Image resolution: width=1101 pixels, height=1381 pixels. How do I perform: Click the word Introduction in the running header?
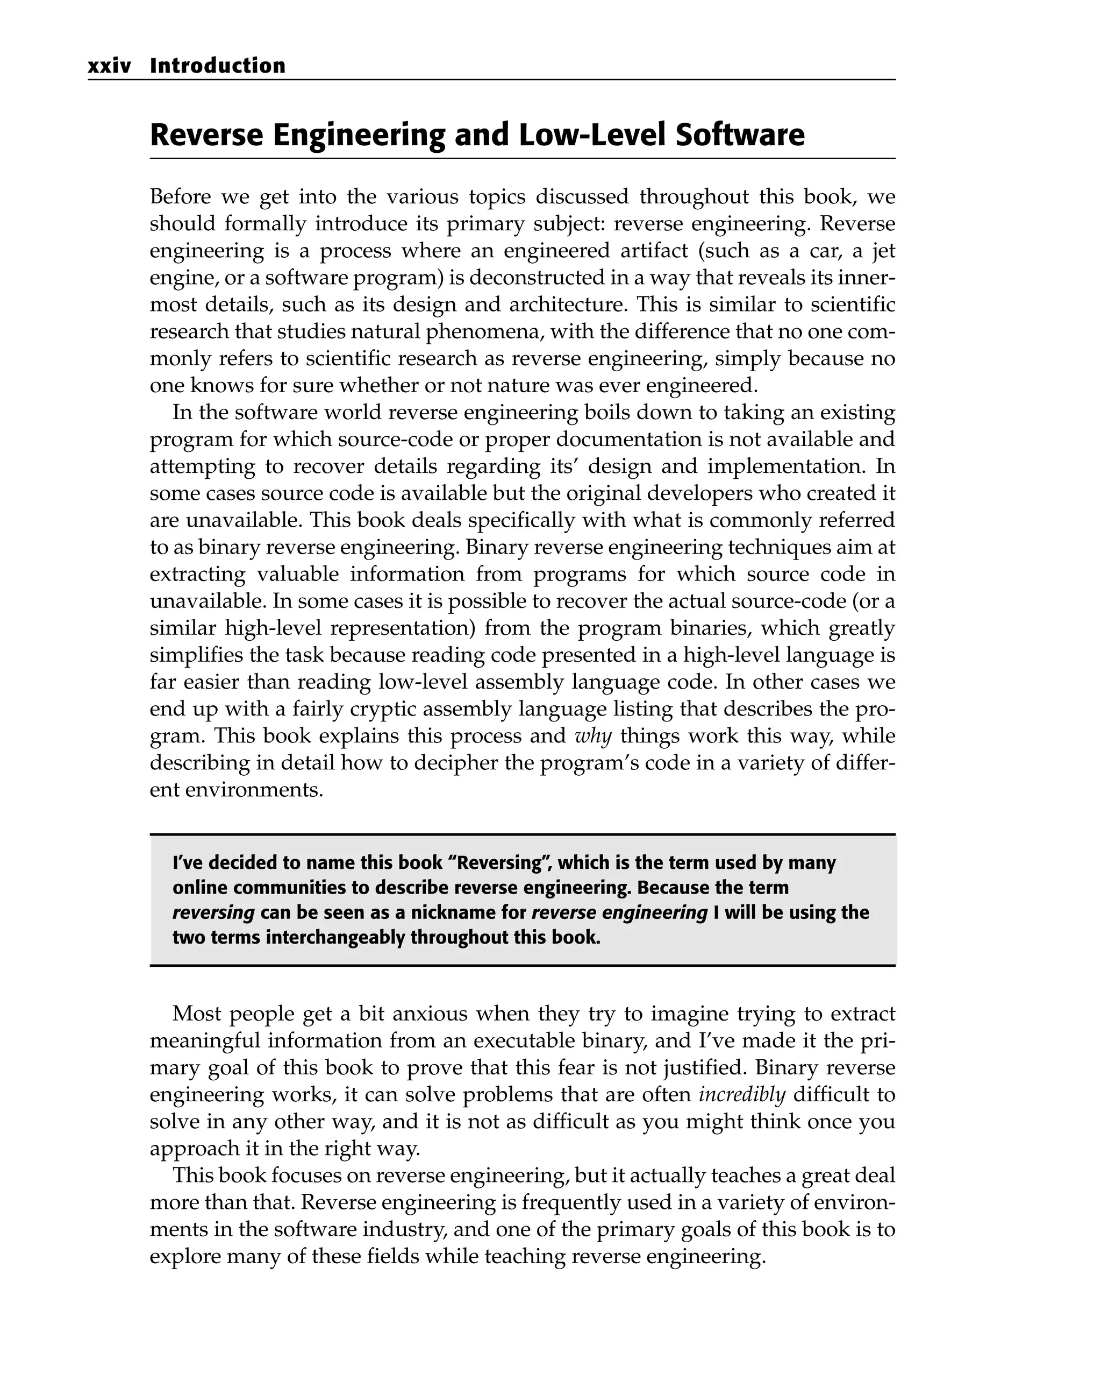pos(218,66)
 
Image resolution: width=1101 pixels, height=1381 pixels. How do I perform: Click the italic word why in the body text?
pos(594,736)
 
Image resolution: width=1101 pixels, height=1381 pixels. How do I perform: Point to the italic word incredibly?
pos(741,1095)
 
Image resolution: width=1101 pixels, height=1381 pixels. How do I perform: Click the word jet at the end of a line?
pos(883,251)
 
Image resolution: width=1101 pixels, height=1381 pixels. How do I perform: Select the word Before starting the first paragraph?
pos(181,197)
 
